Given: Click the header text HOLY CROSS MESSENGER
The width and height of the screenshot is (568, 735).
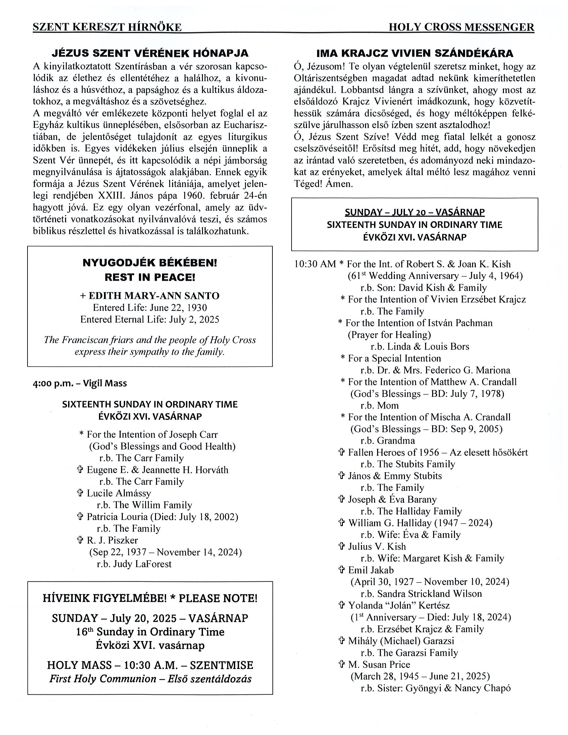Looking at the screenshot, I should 461,27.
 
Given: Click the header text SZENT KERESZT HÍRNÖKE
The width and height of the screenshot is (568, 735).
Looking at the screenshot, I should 107,27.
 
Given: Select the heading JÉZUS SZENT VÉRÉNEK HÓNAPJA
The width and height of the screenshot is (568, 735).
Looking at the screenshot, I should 150,53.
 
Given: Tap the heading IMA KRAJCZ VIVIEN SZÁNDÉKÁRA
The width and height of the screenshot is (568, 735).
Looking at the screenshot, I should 415,53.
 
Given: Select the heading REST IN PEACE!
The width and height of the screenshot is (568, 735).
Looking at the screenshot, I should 150,277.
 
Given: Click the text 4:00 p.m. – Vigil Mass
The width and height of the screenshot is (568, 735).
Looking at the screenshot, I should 80,383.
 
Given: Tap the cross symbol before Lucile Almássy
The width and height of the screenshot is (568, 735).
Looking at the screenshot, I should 80,493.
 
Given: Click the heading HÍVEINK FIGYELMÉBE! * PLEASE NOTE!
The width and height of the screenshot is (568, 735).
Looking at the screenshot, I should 150,599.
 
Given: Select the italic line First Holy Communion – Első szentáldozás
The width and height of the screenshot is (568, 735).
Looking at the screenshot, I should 150,679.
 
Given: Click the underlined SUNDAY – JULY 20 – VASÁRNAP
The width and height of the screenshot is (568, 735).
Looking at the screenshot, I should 414,212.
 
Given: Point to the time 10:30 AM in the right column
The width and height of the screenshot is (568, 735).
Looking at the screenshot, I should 315,264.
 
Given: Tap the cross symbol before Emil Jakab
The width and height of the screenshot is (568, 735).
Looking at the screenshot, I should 342,570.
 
